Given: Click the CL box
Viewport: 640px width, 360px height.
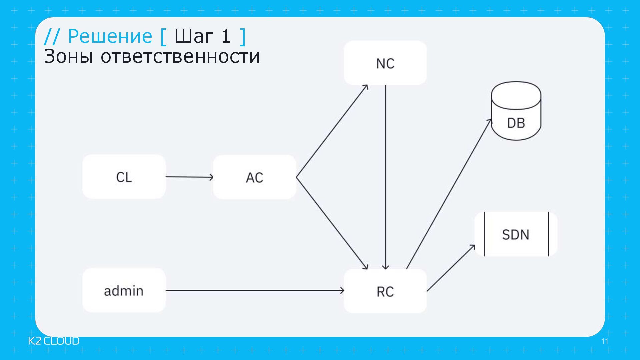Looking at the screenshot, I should click(124, 177).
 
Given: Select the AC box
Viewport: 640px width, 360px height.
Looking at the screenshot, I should click(254, 177).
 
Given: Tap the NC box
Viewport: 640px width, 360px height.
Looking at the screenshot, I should click(385, 63).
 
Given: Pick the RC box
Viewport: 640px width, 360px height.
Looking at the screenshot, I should click(385, 291).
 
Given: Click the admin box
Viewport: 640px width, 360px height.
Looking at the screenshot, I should click(124, 291).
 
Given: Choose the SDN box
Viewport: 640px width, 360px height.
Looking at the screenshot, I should click(516, 234).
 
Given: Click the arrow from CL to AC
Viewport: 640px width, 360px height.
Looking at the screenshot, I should click(189, 177).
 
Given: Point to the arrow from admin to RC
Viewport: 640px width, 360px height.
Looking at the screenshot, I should click(254, 291).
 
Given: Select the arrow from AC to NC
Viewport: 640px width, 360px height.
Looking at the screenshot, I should click(332, 131).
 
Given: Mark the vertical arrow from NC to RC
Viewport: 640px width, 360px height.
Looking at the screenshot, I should click(385, 177).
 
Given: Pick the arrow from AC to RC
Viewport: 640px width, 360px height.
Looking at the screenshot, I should click(332, 223).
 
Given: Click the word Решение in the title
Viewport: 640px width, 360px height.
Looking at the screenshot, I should click(110, 36).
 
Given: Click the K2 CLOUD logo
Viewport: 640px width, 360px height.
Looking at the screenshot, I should click(54, 341).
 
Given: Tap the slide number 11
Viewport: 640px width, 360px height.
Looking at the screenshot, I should click(605, 341).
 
